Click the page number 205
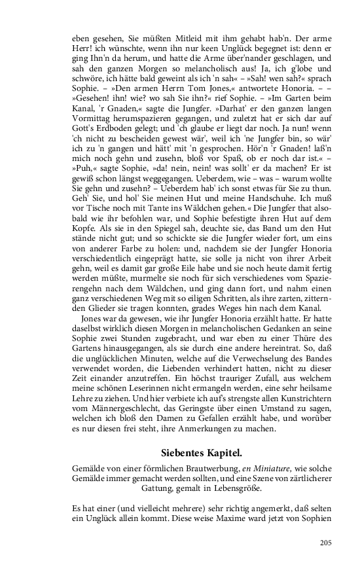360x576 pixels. [x=325, y=542]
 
